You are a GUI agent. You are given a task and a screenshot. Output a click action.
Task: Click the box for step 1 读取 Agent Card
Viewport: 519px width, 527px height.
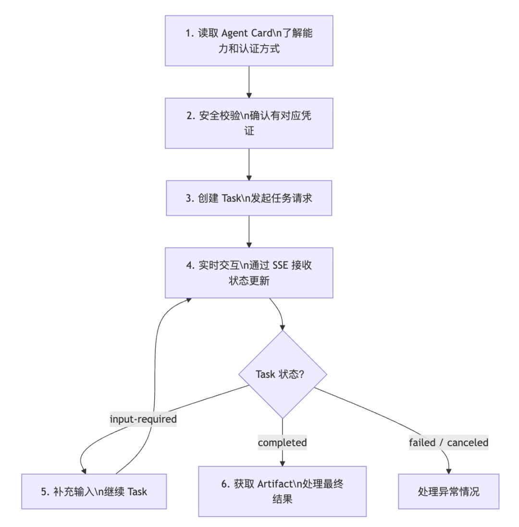pos(249,41)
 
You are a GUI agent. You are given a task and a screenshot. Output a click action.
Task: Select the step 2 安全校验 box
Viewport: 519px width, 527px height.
pos(249,124)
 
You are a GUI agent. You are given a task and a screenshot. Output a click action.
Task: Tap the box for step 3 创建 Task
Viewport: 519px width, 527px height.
pos(249,198)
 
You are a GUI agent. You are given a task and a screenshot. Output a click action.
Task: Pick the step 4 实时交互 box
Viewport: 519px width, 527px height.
pos(249,273)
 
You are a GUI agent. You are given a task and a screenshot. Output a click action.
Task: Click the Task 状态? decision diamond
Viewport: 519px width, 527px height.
pos(283,375)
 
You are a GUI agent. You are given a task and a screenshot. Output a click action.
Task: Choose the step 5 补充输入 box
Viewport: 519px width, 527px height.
pos(94,491)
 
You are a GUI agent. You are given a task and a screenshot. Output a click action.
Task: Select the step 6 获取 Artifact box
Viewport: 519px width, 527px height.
pos(283,491)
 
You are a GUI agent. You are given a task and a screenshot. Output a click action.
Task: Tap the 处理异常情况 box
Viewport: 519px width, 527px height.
pos(449,491)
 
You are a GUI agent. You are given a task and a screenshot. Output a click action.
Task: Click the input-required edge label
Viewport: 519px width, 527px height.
pos(143,419)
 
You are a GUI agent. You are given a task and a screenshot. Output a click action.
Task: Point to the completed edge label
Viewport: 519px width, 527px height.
pos(283,443)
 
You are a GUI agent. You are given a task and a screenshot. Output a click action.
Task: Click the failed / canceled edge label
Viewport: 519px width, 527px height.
pos(449,443)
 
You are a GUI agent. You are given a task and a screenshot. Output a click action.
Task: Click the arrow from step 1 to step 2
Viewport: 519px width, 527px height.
pos(249,82)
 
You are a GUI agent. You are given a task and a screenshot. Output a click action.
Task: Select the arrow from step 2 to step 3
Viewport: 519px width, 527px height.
pos(249,164)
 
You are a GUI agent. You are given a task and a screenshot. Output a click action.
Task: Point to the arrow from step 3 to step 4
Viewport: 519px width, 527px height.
pos(249,232)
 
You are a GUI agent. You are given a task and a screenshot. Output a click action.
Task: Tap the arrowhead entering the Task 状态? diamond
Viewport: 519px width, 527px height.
pos(283,328)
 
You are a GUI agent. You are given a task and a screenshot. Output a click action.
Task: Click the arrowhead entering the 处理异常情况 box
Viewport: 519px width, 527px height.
pos(449,471)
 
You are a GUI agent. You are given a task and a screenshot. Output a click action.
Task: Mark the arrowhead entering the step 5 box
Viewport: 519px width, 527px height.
pos(84,471)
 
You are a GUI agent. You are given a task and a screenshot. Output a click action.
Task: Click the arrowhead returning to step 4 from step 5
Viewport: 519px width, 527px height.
pos(189,300)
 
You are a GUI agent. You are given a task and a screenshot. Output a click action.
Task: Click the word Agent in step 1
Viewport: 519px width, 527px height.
pos(235,33)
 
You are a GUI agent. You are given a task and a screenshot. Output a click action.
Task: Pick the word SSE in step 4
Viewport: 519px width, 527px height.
pos(281,265)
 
